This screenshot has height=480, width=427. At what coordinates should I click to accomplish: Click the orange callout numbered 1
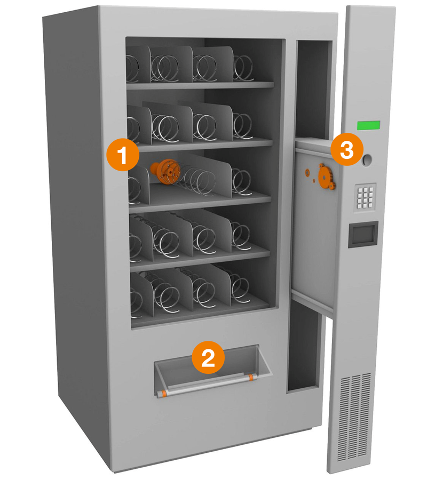pyautogui.click(x=123, y=155)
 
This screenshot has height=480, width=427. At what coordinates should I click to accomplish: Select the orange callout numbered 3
pyautogui.click(x=347, y=149)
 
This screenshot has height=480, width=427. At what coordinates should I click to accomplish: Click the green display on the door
pyautogui.click(x=368, y=125)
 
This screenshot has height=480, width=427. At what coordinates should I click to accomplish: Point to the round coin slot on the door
pyautogui.click(x=367, y=160)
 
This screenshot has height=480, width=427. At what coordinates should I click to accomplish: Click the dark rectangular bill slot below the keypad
pyautogui.click(x=363, y=234)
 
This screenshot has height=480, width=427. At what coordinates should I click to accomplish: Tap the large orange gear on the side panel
pyautogui.click(x=327, y=177)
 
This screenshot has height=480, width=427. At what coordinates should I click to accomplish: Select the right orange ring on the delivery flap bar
pyautogui.click(x=251, y=377)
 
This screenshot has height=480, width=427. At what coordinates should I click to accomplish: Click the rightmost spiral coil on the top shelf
pyautogui.click(x=243, y=69)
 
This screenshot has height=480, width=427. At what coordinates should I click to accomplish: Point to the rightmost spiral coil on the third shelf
pyautogui.click(x=242, y=182)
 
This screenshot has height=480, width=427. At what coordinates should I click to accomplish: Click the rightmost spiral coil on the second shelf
pyautogui.click(x=243, y=126)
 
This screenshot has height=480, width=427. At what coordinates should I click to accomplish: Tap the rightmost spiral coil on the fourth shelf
pyautogui.click(x=241, y=236)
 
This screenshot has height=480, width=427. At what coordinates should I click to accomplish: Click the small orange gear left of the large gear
pyautogui.click(x=307, y=173)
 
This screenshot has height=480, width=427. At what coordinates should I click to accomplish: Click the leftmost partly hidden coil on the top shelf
pyautogui.click(x=132, y=69)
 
